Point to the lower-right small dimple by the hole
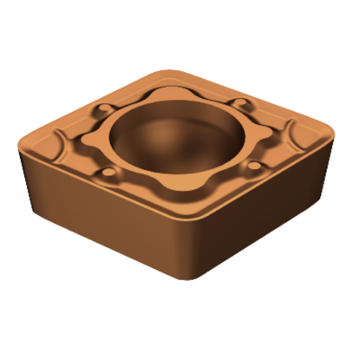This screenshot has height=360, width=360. pos(258,164)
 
